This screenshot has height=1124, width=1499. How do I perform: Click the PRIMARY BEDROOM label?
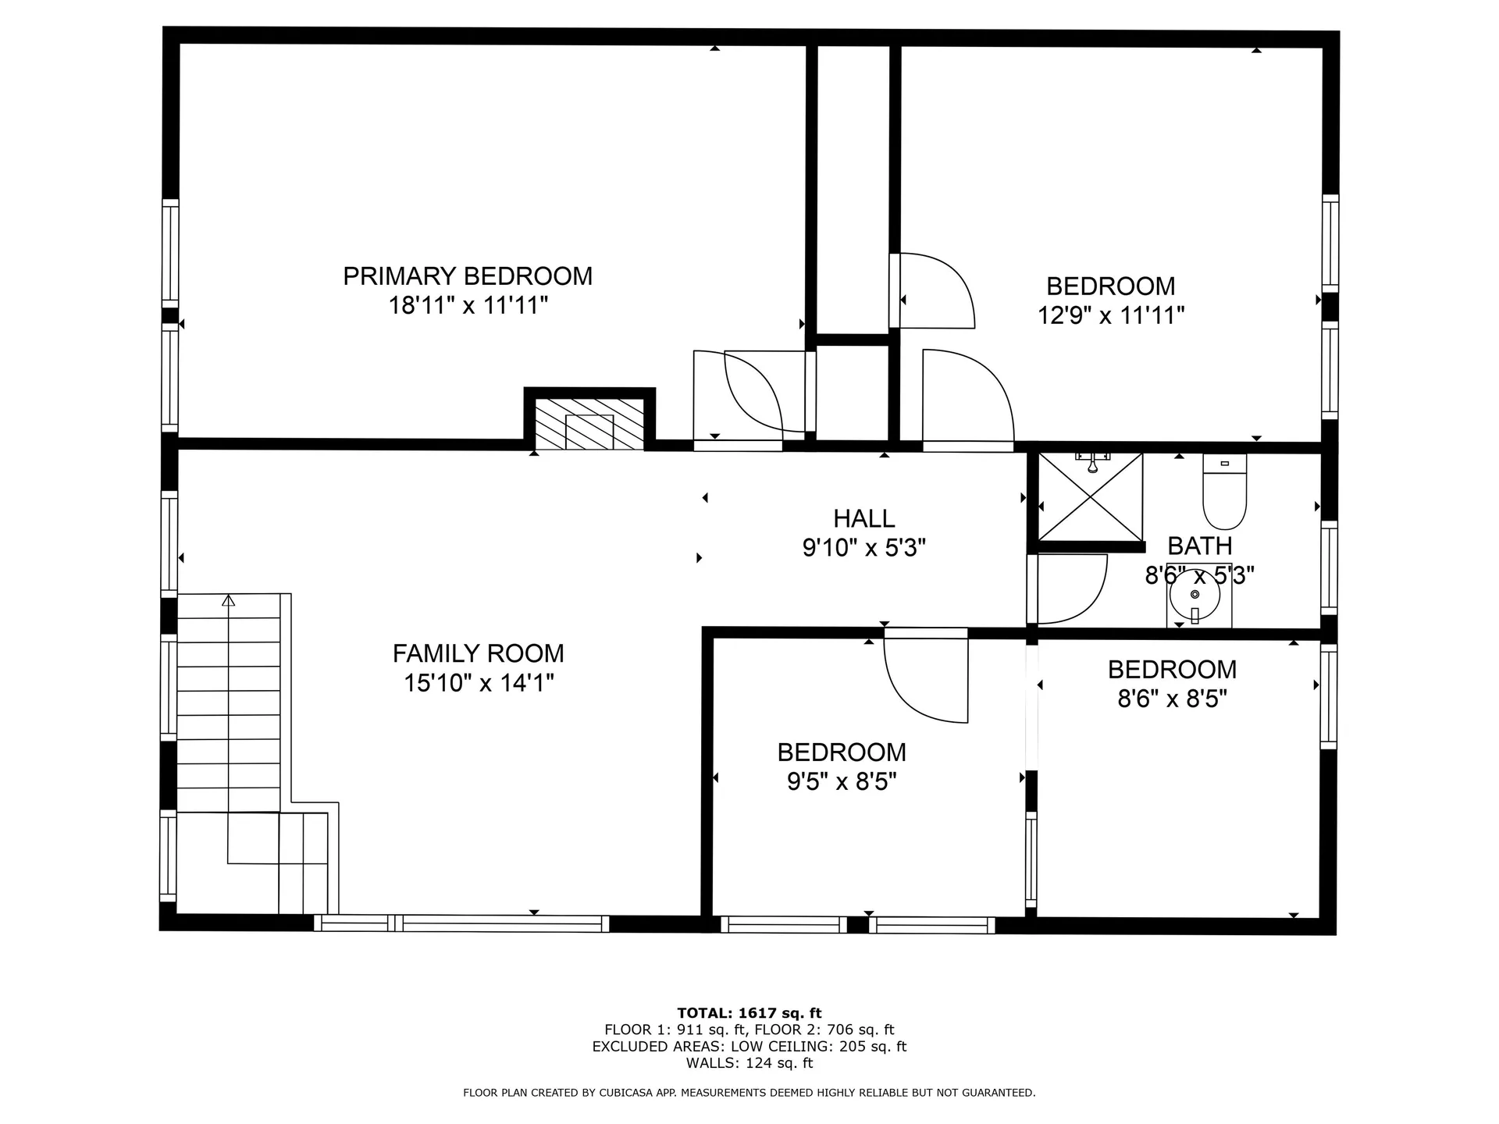(x=468, y=276)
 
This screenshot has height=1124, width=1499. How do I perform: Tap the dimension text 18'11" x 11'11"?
(x=468, y=305)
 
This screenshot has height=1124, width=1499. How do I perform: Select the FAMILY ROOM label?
(x=478, y=653)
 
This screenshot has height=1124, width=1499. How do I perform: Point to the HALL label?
(x=863, y=518)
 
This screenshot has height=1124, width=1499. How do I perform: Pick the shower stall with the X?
(x=1090, y=496)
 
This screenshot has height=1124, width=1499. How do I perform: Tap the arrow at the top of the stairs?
(x=228, y=600)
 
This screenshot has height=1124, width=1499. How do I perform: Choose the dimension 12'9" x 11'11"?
(x=1110, y=315)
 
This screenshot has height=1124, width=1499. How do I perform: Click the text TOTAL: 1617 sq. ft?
(x=749, y=1013)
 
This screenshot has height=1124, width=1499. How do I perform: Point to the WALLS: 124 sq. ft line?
(x=749, y=1063)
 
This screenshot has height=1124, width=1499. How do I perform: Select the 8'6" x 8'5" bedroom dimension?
(x=1172, y=699)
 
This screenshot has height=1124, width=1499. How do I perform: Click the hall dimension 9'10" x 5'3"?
(x=863, y=548)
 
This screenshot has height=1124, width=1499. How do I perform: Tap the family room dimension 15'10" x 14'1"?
(x=478, y=683)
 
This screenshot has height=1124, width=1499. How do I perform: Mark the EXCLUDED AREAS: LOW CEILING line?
(x=749, y=1047)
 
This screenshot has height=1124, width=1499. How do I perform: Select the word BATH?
(x=1199, y=546)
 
